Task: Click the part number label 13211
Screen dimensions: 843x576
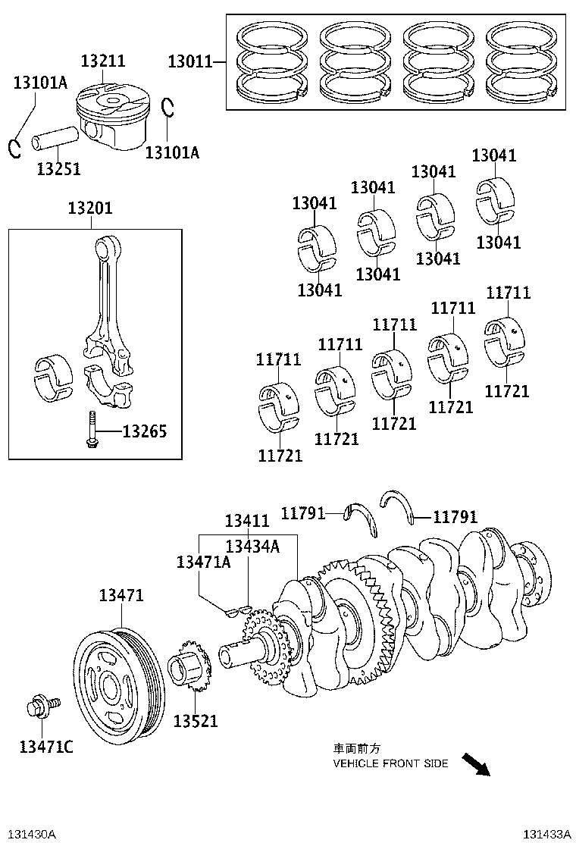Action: (103, 61)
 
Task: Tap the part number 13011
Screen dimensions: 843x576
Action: (189, 61)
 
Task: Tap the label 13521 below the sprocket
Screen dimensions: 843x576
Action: (195, 721)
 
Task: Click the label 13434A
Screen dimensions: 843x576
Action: (252, 546)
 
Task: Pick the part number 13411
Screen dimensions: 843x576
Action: (247, 522)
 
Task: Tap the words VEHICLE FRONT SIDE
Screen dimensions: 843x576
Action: (390, 763)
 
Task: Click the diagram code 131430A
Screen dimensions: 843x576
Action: (29, 834)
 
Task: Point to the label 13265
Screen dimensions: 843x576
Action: (144, 432)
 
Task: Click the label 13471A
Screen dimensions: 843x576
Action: (203, 562)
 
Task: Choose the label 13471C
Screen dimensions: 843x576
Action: (46, 747)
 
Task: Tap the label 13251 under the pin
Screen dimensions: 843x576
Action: (58, 168)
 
